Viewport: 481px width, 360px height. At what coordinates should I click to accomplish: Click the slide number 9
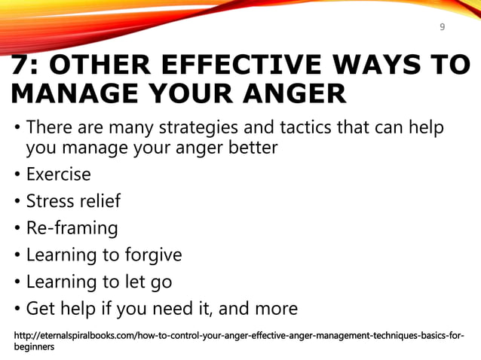pyautogui.click(x=442, y=28)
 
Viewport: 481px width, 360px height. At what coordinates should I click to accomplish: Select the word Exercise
pyautogui.click(x=58, y=175)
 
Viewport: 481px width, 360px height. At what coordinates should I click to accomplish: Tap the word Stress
pyautogui.click(x=49, y=202)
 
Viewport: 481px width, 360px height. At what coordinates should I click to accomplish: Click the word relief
pyautogui.click(x=98, y=202)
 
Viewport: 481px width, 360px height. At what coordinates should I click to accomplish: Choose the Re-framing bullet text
pyautogui.click(x=72, y=228)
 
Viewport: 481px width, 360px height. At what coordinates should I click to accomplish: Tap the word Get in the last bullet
pyautogui.click(x=40, y=309)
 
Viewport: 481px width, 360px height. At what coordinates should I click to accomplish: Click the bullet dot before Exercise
pyautogui.click(x=17, y=175)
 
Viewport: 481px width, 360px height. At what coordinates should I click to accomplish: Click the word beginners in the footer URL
pyautogui.click(x=34, y=348)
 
